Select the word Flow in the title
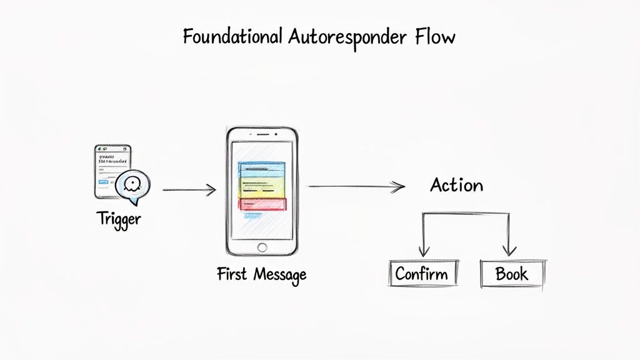point(435,37)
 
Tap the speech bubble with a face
point(132,185)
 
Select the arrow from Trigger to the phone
point(189,189)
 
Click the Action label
point(457,185)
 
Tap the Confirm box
point(421,274)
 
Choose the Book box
point(512,274)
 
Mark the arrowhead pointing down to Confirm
point(424,252)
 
